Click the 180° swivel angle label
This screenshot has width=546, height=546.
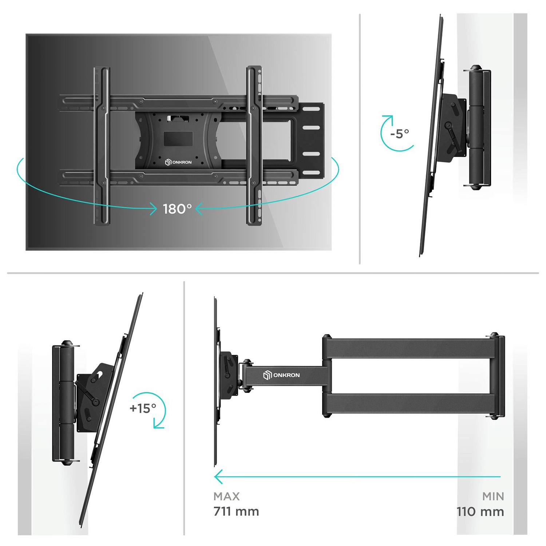point(177,209)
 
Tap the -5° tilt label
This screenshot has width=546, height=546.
point(399,134)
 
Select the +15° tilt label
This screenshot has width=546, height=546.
point(143,408)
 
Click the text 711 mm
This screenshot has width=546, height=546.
point(236,511)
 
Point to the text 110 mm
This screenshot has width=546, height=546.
point(480,511)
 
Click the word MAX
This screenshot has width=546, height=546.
point(226,496)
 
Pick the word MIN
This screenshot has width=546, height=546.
point(493,496)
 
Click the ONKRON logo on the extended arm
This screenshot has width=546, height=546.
point(282,375)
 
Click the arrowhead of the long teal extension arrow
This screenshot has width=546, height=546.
point(218,476)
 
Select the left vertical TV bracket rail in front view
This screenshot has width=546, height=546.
point(102,146)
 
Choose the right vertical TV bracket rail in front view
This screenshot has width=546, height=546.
point(254,146)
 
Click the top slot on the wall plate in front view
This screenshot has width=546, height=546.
point(311,109)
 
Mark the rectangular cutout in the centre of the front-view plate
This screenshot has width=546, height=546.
point(178,139)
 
